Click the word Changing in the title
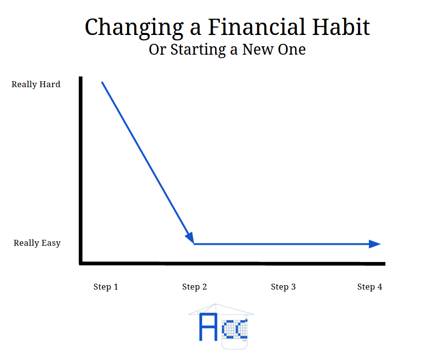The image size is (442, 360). coord(134,28)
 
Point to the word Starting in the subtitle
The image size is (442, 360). coord(198,50)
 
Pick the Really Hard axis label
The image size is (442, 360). coord(36,84)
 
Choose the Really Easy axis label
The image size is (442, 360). coord(37,243)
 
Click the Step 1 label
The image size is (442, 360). coord(106,287)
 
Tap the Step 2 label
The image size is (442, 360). coord(194,287)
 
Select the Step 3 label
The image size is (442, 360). coord(284,287)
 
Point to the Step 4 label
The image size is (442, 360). coord(370,287)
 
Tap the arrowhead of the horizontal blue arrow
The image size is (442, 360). coord(375,244)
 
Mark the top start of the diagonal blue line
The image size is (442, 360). coord(102,82)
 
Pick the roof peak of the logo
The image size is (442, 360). coord(216,304)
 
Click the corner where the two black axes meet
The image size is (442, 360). coord(81,263)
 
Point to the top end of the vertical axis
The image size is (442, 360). coord(81,77)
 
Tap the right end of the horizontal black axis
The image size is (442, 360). coord(384,264)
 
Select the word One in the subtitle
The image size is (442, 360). coord(292,50)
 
